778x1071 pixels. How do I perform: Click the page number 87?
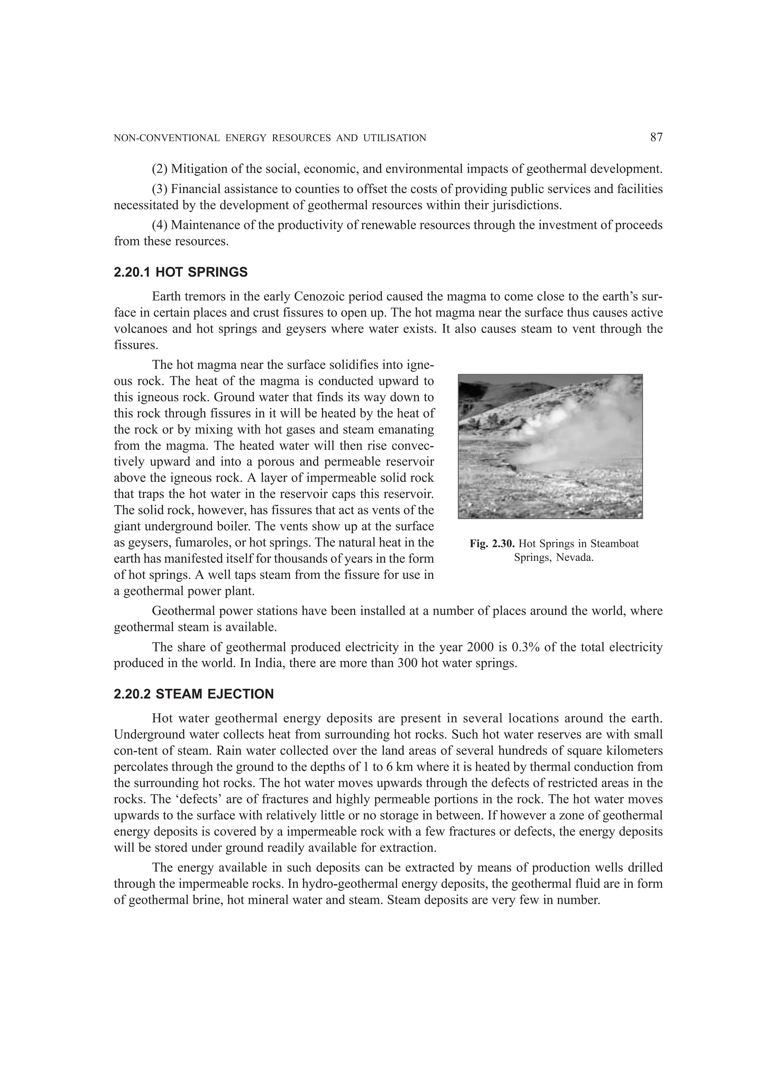click(x=656, y=138)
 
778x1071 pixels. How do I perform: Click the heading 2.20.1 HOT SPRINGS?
click(x=181, y=273)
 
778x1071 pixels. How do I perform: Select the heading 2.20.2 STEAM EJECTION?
click(x=194, y=694)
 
